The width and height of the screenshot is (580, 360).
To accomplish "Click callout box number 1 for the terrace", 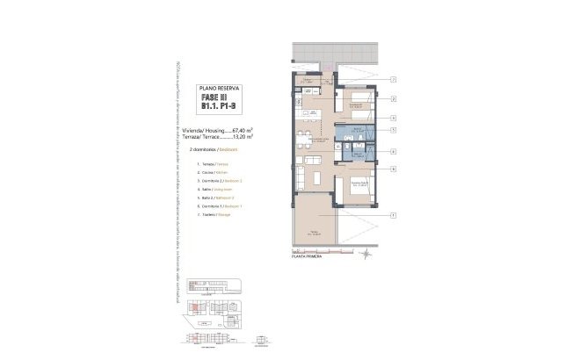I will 395,215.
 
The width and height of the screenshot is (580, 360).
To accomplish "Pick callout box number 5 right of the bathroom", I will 395,131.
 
